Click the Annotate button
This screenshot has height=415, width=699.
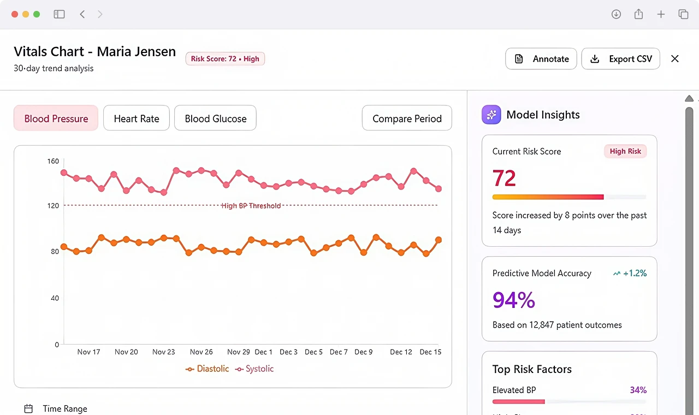point(541,58)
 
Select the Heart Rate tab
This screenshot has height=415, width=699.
point(137,118)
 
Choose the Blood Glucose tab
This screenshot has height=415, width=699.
point(215,118)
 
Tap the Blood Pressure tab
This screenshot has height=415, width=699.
point(56,118)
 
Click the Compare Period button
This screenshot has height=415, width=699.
point(407,118)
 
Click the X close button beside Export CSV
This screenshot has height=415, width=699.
point(674,58)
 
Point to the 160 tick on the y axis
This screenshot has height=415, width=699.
point(53,161)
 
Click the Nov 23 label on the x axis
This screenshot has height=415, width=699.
point(163,352)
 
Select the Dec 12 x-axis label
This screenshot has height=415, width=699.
point(401,352)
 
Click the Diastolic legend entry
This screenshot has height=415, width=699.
point(207,369)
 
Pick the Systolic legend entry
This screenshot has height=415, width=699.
point(254,369)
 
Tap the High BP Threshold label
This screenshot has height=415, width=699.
point(251,206)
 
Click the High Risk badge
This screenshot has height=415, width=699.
point(625,151)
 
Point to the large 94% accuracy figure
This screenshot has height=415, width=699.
point(514,300)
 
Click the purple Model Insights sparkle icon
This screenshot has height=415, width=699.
point(491,115)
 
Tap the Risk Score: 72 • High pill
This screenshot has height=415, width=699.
point(225,58)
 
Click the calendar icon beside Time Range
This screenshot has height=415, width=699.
point(28,408)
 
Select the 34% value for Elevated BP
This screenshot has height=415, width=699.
point(638,390)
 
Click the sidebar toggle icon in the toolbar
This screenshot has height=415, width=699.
point(60,14)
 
